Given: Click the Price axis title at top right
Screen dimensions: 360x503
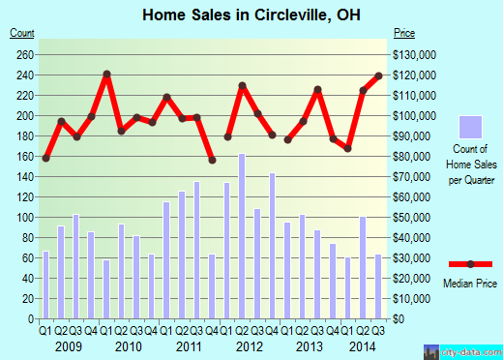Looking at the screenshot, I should [403, 33].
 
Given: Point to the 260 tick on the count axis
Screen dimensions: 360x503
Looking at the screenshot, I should [23, 55].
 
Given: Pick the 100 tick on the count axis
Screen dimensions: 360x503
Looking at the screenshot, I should [23, 218].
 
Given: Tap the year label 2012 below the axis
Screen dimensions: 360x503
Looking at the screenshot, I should [250, 345].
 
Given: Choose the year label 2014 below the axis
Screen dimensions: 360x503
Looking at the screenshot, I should [365, 345].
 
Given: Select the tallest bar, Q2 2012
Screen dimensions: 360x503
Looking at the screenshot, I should [242, 236].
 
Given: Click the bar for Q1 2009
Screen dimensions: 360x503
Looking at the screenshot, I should [45, 285].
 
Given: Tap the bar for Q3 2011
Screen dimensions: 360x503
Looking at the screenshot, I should [197, 251].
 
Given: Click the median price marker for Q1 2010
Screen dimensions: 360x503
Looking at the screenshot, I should [106, 74].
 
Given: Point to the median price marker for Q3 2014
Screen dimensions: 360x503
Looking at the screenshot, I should [379, 75].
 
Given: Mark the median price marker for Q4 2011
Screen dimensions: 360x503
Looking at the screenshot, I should [212, 160].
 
